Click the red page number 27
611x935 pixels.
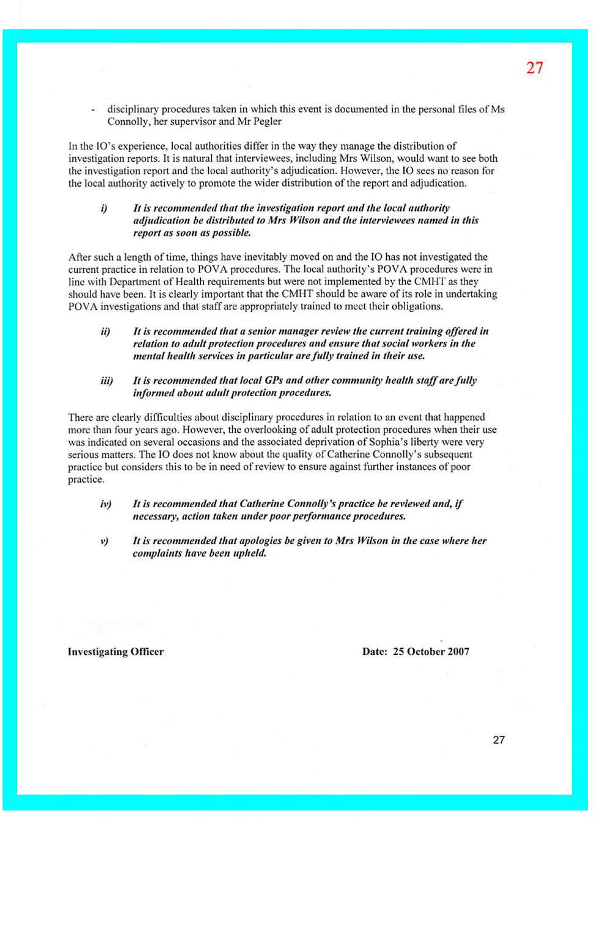(534, 68)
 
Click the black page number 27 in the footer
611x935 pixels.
(499, 740)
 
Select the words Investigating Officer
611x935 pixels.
(115, 652)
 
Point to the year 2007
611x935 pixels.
(458, 652)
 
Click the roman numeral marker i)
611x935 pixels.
(104, 209)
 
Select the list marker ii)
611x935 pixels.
(106, 331)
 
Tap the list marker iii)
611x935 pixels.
(107, 381)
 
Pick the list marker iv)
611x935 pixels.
(106, 504)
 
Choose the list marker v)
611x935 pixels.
(104, 541)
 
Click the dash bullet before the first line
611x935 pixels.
(92, 110)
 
